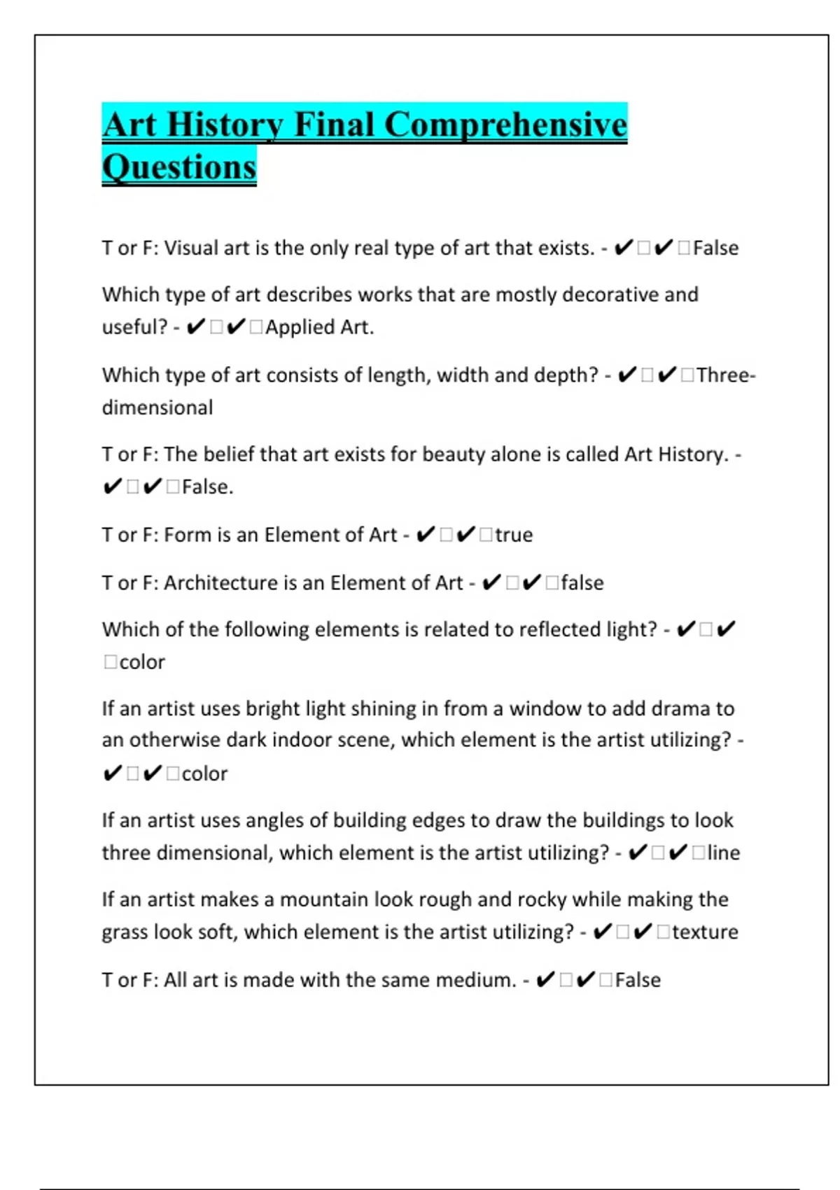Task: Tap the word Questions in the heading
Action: pos(179,168)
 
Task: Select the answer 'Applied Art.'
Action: pos(319,328)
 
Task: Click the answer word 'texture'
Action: pos(705,932)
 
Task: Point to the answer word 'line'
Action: pos(723,853)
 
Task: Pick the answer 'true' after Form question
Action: pos(514,535)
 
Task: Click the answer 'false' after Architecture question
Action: pos(582,583)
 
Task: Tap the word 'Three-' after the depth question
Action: pos(726,376)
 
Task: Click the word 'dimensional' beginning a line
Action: pos(157,408)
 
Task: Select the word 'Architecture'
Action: pos(220,583)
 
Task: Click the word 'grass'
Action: pos(125,932)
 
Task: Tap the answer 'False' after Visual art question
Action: pos(715,248)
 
